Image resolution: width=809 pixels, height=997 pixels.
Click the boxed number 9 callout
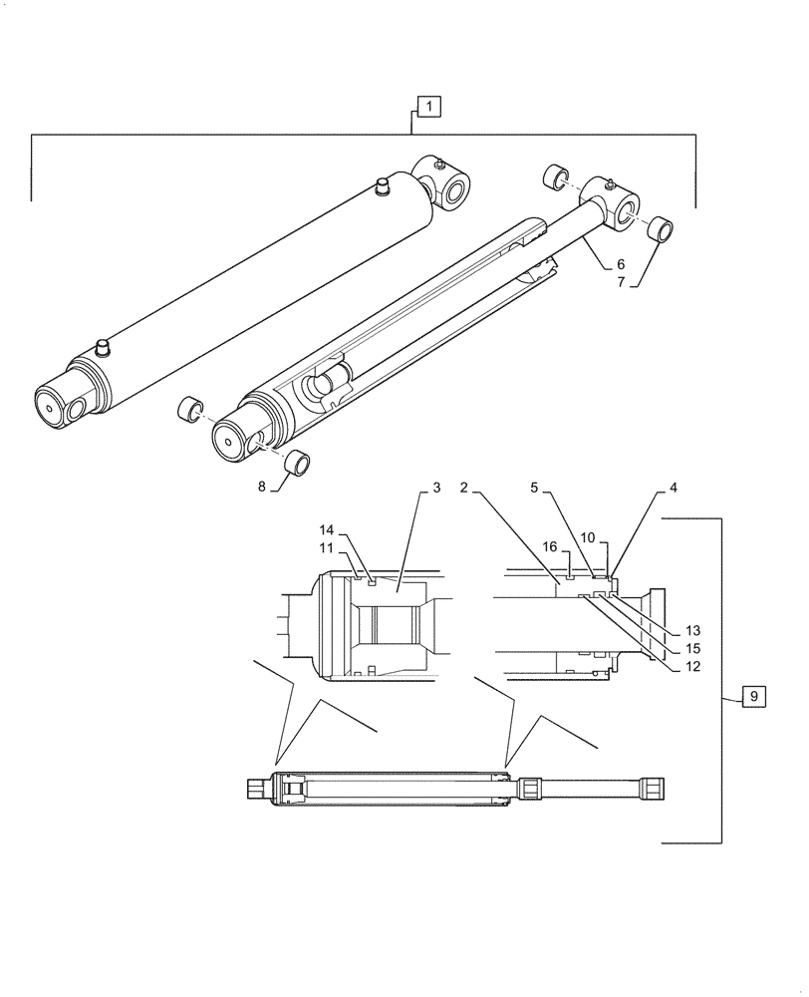(754, 697)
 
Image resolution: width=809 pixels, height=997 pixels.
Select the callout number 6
(620, 264)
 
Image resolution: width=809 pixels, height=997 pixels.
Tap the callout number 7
(620, 284)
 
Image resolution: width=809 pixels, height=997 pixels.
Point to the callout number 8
(263, 488)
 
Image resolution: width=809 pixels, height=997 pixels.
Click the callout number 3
(436, 488)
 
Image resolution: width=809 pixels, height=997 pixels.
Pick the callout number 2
(464, 488)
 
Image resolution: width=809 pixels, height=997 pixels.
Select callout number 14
(327, 528)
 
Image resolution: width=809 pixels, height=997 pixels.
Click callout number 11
(327, 547)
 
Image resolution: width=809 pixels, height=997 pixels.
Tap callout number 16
(550, 546)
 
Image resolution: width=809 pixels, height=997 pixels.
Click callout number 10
(588, 537)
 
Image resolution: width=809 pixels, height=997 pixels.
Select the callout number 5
(534, 488)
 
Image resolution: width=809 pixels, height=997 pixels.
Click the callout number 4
(674, 488)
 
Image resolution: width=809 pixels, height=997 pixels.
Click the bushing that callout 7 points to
(658, 229)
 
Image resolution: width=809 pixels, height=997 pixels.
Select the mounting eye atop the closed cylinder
(450, 186)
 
